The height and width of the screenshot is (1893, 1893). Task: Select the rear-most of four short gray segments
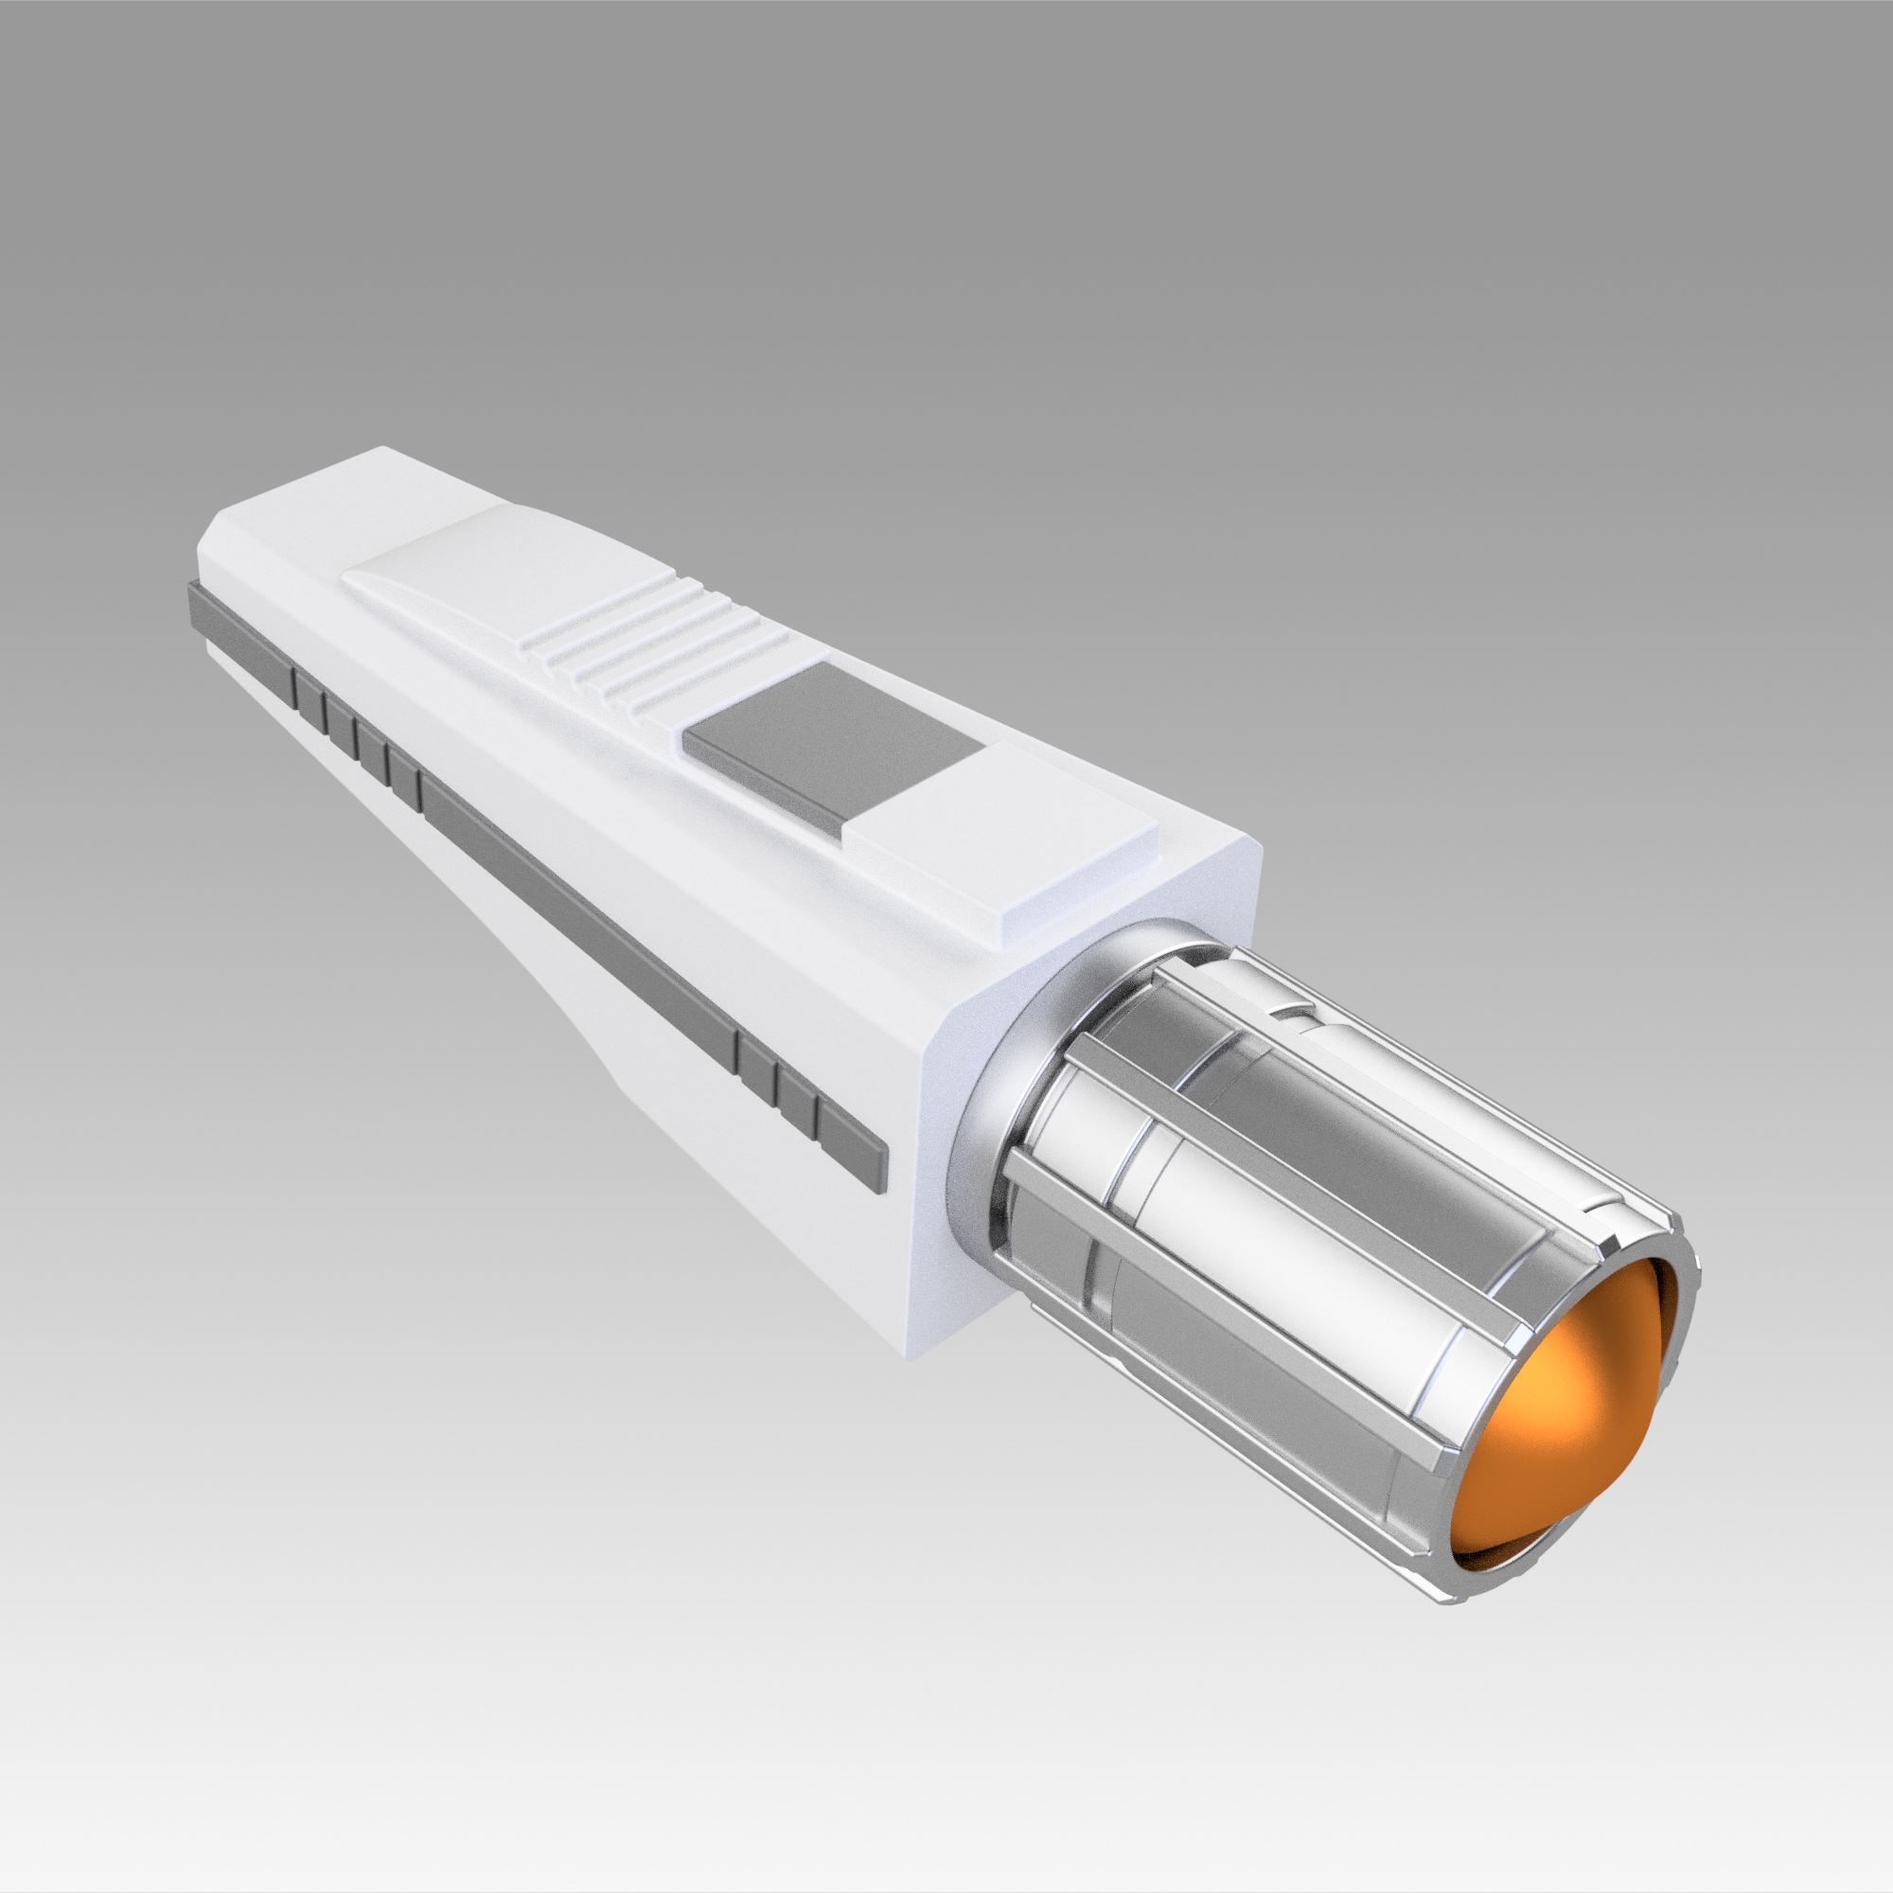click(309, 692)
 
